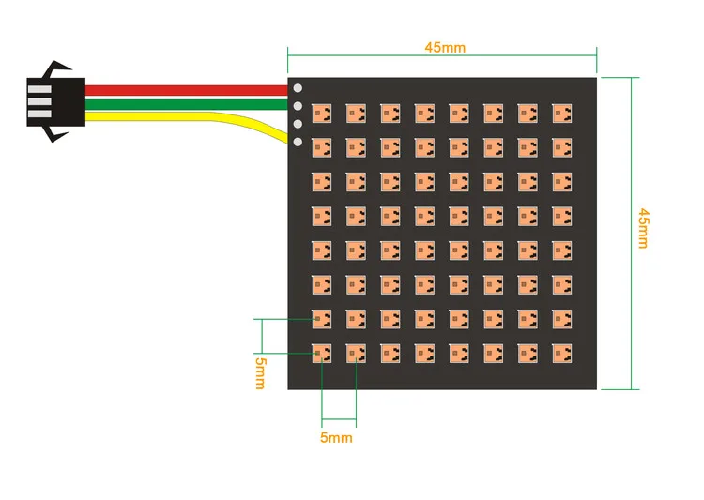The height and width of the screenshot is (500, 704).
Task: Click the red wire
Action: coord(188,90)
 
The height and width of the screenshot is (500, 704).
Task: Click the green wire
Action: coord(188,102)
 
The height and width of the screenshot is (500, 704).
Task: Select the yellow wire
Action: coord(188,115)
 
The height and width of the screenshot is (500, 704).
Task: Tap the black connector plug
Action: coord(55,100)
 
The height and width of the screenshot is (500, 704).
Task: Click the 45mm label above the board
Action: coord(445,47)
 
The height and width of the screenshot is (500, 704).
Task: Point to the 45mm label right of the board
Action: coord(643,228)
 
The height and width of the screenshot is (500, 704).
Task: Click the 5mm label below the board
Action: coord(336,437)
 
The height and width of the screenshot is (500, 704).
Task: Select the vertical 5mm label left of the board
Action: coord(260,371)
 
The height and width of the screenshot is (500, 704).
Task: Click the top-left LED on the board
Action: coord(321,113)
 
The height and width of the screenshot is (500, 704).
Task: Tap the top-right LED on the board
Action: coord(561,113)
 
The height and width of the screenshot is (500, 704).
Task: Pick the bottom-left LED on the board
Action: coord(321,353)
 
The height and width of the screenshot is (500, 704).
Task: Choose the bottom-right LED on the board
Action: coord(561,353)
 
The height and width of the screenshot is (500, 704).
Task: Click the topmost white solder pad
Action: coord(298,89)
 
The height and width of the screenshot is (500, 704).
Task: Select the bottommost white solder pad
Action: coord(298,142)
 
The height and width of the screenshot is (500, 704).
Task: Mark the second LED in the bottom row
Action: coord(356,353)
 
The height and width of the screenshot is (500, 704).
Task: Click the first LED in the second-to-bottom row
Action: coord(321,319)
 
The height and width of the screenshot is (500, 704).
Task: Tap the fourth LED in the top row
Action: coord(424,113)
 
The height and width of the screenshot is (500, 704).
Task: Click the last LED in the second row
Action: coord(561,146)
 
